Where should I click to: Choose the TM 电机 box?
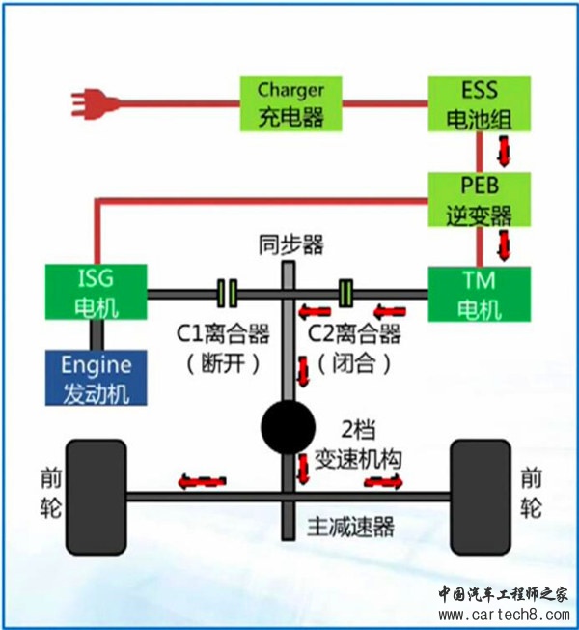point(480,293)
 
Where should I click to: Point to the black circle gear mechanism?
point(288,425)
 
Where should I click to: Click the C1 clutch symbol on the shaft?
point(228,291)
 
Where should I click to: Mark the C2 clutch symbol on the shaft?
point(348,291)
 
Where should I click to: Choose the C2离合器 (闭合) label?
point(353,349)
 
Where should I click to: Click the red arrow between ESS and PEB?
point(503,150)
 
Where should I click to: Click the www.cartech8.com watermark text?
point(504,612)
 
